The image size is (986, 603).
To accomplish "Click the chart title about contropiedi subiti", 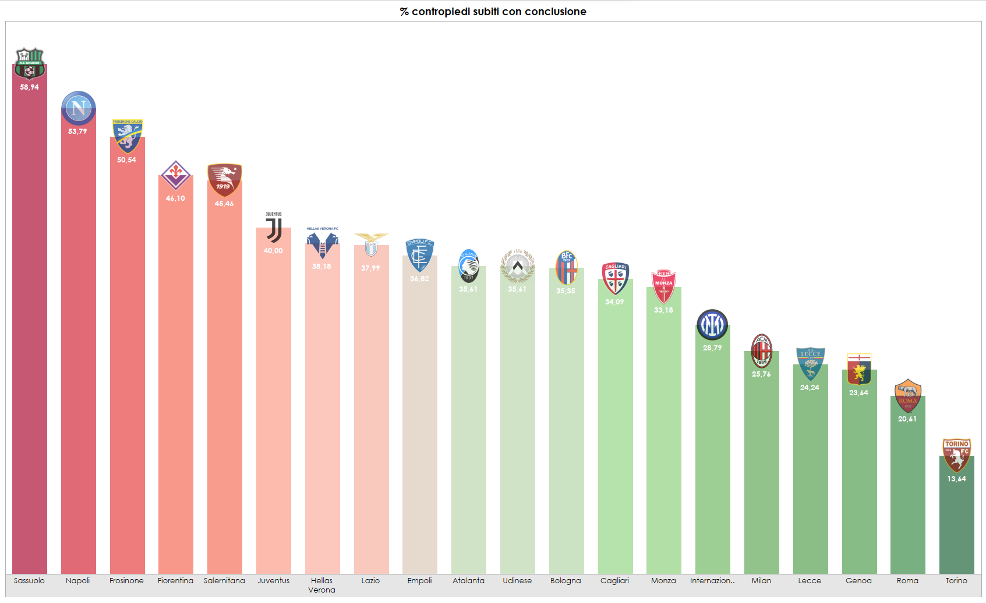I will [x=493, y=12].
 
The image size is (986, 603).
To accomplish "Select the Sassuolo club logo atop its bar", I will [x=29, y=63].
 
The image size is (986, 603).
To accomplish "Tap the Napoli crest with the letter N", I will [x=79, y=108].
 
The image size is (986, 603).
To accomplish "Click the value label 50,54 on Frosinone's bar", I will [x=126, y=160].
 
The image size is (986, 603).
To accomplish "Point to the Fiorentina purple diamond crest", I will [x=175, y=175].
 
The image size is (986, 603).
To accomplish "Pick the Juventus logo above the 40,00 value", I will [x=274, y=228].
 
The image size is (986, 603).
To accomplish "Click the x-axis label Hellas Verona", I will [x=321, y=585].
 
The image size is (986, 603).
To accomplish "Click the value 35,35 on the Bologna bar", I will [x=566, y=291].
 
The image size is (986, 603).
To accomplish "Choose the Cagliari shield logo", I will [x=615, y=279].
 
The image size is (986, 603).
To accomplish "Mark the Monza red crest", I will [x=663, y=286].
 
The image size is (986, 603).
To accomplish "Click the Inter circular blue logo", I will [x=712, y=325].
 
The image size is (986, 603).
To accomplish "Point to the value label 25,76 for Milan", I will [x=761, y=374].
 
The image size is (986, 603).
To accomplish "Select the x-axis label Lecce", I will [x=810, y=581].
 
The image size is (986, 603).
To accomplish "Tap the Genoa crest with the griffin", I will [x=859, y=370].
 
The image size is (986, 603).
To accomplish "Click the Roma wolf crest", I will [x=907, y=396].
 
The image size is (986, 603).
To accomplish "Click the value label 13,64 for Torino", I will [x=956, y=479].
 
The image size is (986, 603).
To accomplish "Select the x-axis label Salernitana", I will [x=224, y=581].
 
